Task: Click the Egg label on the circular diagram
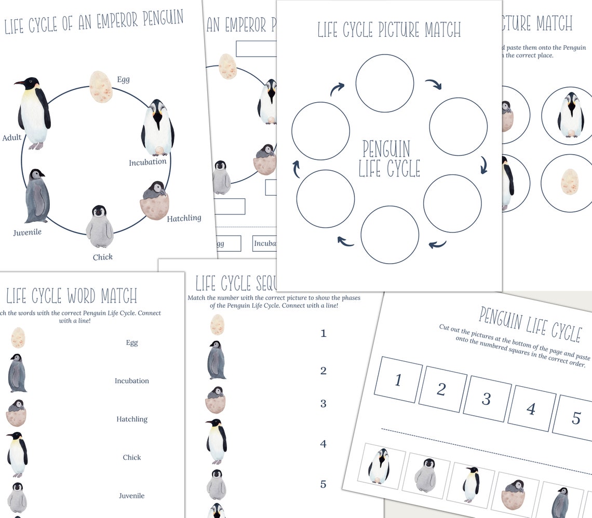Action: pyautogui.click(x=123, y=79)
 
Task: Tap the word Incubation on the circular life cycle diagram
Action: pyautogui.click(x=148, y=162)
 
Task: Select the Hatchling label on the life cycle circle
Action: pyautogui.click(x=184, y=219)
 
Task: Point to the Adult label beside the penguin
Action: pyautogui.click(x=12, y=138)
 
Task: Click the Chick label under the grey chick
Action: pyautogui.click(x=103, y=257)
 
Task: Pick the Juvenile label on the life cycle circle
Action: pyautogui.click(x=28, y=232)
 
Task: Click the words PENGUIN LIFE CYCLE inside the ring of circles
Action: pyautogui.click(x=389, y=158)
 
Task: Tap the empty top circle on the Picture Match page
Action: pyautogui.click(x=385, y=83)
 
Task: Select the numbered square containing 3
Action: pyautogui.click(x=487, y=398)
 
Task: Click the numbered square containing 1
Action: pyautogui.click(x=398, y=379)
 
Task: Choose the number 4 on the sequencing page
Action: pyautogui.click(x=323, y=444)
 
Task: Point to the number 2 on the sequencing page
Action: pyautogui.click(x=323, y=371)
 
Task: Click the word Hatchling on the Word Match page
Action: pyautogui.click(x=132, y=419)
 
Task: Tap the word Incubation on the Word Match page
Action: pyautogui.click(x=132, y=381)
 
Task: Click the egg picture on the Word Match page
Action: pyautogui.click(x=18, y=337)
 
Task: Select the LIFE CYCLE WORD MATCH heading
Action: pyautogui.click(x=72, y=296)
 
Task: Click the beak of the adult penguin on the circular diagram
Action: pyautogui.click(x=20, y=83)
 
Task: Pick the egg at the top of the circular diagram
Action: pyautogui.click(x=101, y=87)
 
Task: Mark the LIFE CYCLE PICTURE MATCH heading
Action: pyautogui.click(x=389, y=30)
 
